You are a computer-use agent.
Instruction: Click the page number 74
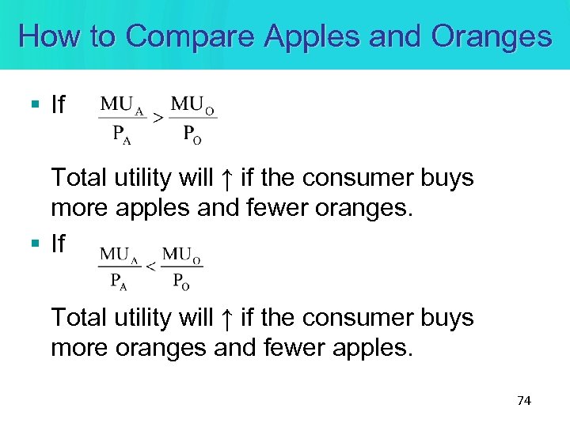coord(523,401)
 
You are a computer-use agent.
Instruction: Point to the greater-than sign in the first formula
coord(158,118)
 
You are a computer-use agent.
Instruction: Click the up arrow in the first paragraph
coord(226,179)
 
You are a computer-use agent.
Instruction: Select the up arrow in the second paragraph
coord(226,319)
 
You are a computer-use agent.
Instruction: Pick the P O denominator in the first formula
coord(192,133)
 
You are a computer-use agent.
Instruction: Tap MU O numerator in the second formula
coord(183,255)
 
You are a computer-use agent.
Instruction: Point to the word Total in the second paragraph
coord(79,318)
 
